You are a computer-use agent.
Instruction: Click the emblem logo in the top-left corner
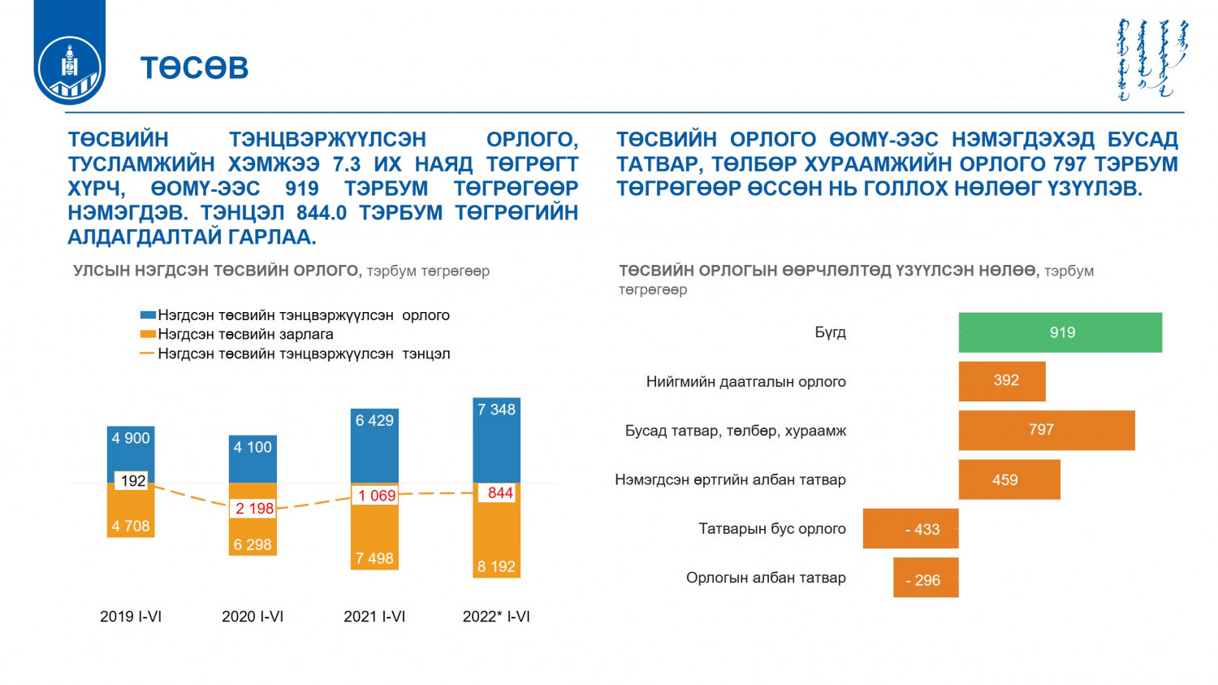click(x=69, y=69)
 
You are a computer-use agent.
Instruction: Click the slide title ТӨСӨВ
click(x=194, y=67)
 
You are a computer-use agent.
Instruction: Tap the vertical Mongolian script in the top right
click(x=1151, y=59)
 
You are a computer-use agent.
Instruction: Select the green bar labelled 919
click(x=1060, y=332)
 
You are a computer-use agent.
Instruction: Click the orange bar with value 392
click(x=1002, y=381)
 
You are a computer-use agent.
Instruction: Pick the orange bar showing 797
click(x=1046, y=430)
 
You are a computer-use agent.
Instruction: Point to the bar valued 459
click(x=1009, y=479)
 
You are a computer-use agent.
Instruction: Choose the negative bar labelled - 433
click(x=911, y=529)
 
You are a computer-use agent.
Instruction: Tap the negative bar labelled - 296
click(x=926, y=578)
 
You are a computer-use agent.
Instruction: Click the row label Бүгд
click(x=830, y=332)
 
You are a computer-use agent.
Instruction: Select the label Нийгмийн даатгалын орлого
click(x=745, y=382)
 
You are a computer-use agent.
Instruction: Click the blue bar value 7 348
click(x=496, y=410)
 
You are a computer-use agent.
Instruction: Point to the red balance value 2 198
click(x=254, y=509)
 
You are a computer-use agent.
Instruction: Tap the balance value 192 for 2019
click(x=132, y=481)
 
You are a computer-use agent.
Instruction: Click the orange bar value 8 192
click(x=496, y=566)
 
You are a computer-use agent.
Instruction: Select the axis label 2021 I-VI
click(x=374, y=617)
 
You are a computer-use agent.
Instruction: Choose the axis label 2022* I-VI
click(x=496, y=617)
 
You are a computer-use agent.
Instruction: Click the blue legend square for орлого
click(x=148, y=315)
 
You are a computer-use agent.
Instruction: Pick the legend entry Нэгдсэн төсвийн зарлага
click(x=245, y=334)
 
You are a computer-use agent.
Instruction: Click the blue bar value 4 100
click(x=253, y=447)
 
